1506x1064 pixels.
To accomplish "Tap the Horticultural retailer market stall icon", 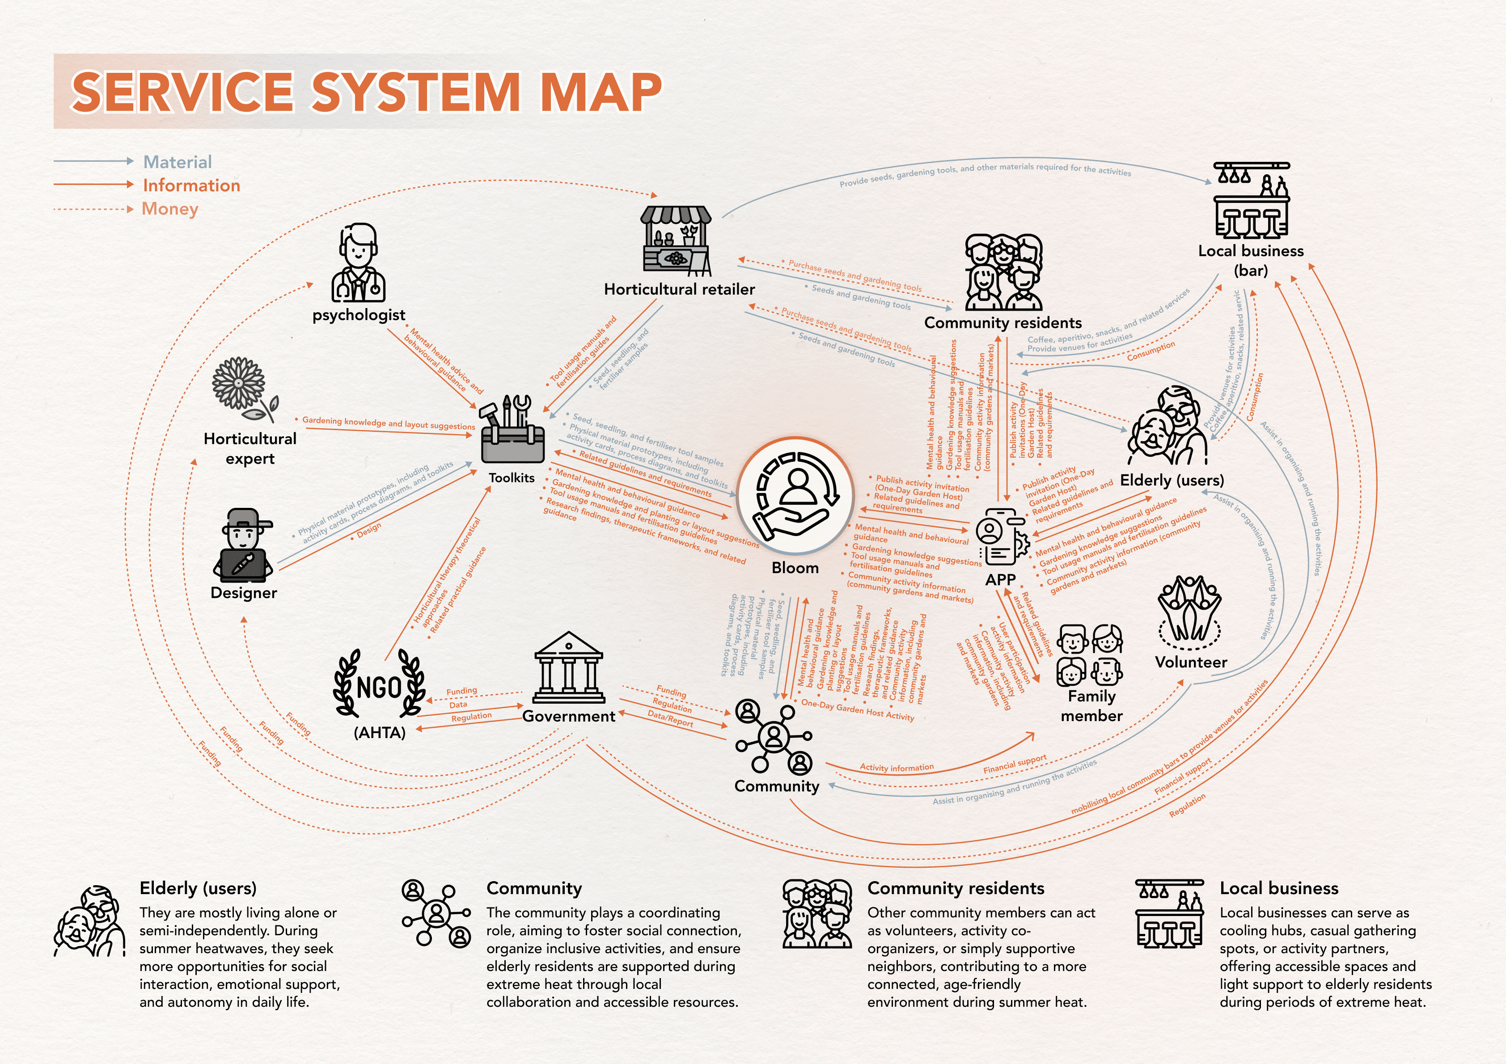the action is click(x=676, y=240).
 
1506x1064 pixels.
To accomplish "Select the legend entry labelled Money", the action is click(x=170, y=209).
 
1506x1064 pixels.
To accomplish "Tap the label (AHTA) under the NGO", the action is click(x=379, y=733).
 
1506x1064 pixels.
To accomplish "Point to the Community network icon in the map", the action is click(x=774, y=737).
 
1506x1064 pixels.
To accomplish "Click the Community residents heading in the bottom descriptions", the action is click(x=955, y=888).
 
